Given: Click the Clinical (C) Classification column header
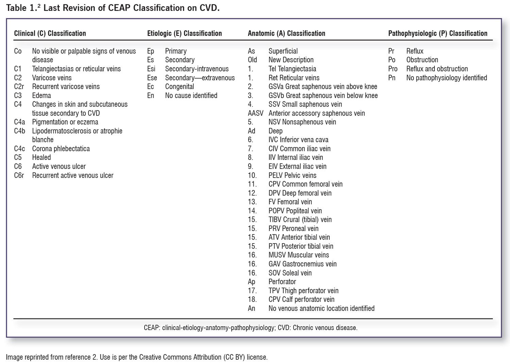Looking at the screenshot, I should (50, 33).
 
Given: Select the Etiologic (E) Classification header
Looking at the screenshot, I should (184, 33).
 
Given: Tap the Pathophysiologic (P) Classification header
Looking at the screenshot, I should (438, 33).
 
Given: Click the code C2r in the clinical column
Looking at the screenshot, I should (19, 86).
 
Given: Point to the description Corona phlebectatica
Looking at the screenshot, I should (61, 149).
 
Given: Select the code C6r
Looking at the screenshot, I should (19, 175).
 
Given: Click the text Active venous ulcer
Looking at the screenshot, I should (59, 166).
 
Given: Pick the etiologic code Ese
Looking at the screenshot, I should (152, 78).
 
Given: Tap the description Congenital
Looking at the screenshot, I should (180, 86).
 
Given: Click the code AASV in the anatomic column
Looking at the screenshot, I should (255, 113).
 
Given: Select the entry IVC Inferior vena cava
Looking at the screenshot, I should (298, 140).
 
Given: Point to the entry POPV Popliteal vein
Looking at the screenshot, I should (295, 211).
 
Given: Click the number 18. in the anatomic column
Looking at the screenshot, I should (252, 299).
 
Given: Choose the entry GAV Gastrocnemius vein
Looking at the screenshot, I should (302, 264).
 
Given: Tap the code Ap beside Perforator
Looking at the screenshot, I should (251, 282).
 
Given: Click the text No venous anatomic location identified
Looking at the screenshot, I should (321, 308).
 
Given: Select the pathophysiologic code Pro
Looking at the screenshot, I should (393, 69).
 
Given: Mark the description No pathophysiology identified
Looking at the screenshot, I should (446, 78).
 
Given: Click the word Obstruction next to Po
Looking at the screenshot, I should (422, 60).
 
